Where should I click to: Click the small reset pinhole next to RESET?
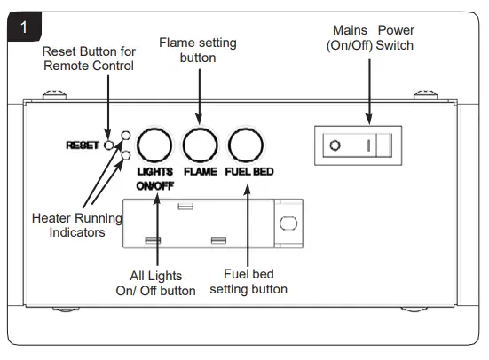pyautogui.click(x=109, y=145)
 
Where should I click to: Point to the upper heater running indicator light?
pyautogui.click(x=127, y=136)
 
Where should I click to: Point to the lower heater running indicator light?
pyautogui.click(x=127, y=155)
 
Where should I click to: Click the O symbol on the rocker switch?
pyautogui.click(x=335, y=145)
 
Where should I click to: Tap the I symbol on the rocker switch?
pyautogui.click(x=370, y=145)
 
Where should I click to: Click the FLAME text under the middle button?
pyautogui.click(x=200, y=172)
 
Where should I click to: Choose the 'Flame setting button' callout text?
pyautogui.click(x=199, y=50)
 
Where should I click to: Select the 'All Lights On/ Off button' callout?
pyautogui.click(x=156, y=283)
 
